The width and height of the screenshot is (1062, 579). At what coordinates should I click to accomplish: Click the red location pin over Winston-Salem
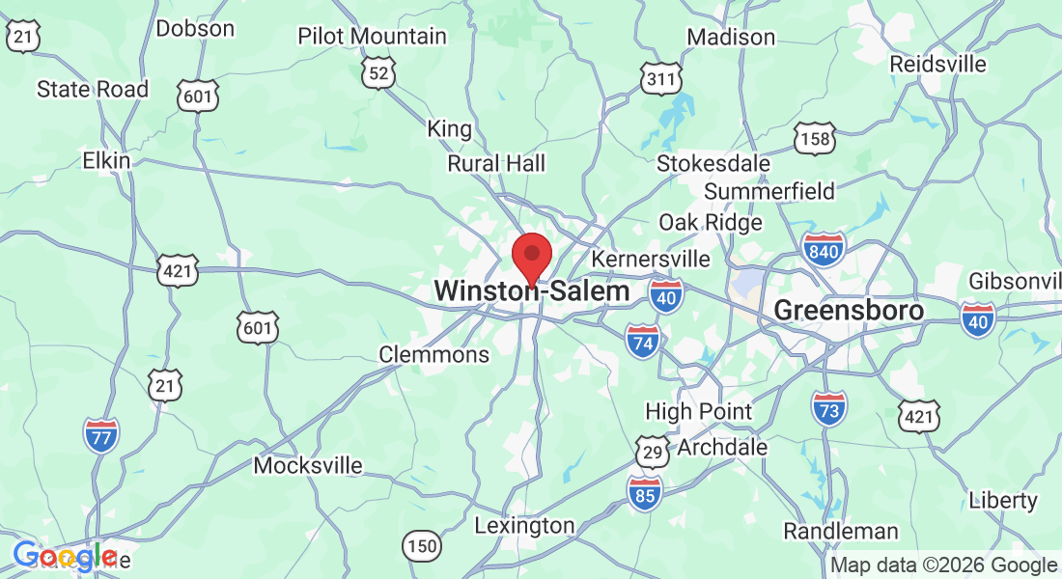pyautogui.click(x=531, y=256)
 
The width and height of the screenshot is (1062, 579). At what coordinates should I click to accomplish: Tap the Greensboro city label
pyautogui.click(x=849, y=311)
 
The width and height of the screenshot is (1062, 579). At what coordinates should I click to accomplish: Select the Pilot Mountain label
pyautogui.click(x=372, y=37)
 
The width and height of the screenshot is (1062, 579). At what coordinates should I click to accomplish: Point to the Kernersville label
pyautogui.click(x=650, y=260)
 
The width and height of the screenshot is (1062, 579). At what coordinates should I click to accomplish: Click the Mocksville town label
pyautogui.click(x=308, y=466)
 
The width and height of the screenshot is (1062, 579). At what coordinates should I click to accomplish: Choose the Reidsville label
pyautogui.click(x=938, y=64)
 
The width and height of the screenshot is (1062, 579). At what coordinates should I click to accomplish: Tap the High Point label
pyautogui.click(x=698, y=411)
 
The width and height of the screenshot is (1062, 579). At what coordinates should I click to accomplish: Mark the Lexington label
pyautogui.click(x=524, y=526)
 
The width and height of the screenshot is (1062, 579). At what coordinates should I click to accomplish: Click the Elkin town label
pyautogui.click(x=106, y=160)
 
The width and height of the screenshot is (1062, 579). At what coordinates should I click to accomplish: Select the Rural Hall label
pyautogui.click(x=496, y=164)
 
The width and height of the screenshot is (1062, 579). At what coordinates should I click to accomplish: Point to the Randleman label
pyautogui.click(x=840, y=531)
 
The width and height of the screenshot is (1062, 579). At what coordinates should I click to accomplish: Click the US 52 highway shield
pyautogui.click(x=380, y=71)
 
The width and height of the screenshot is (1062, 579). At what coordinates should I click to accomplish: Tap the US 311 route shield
pyautogui.click(x=661, y=79)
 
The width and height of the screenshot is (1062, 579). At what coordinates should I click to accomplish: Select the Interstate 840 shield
pyautogui.click(x=823, y=250)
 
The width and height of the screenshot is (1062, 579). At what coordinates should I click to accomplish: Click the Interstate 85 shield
pyautogui.click(x=645, y=492)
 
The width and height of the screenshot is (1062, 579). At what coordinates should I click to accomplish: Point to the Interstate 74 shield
pyautogui.click(x=643, y=342)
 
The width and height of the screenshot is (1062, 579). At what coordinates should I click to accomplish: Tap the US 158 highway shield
pyautogui.click(x=816, y=140)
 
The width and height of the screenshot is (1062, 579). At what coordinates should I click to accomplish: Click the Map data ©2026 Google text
pyautogui.click(x=943, y=565)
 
